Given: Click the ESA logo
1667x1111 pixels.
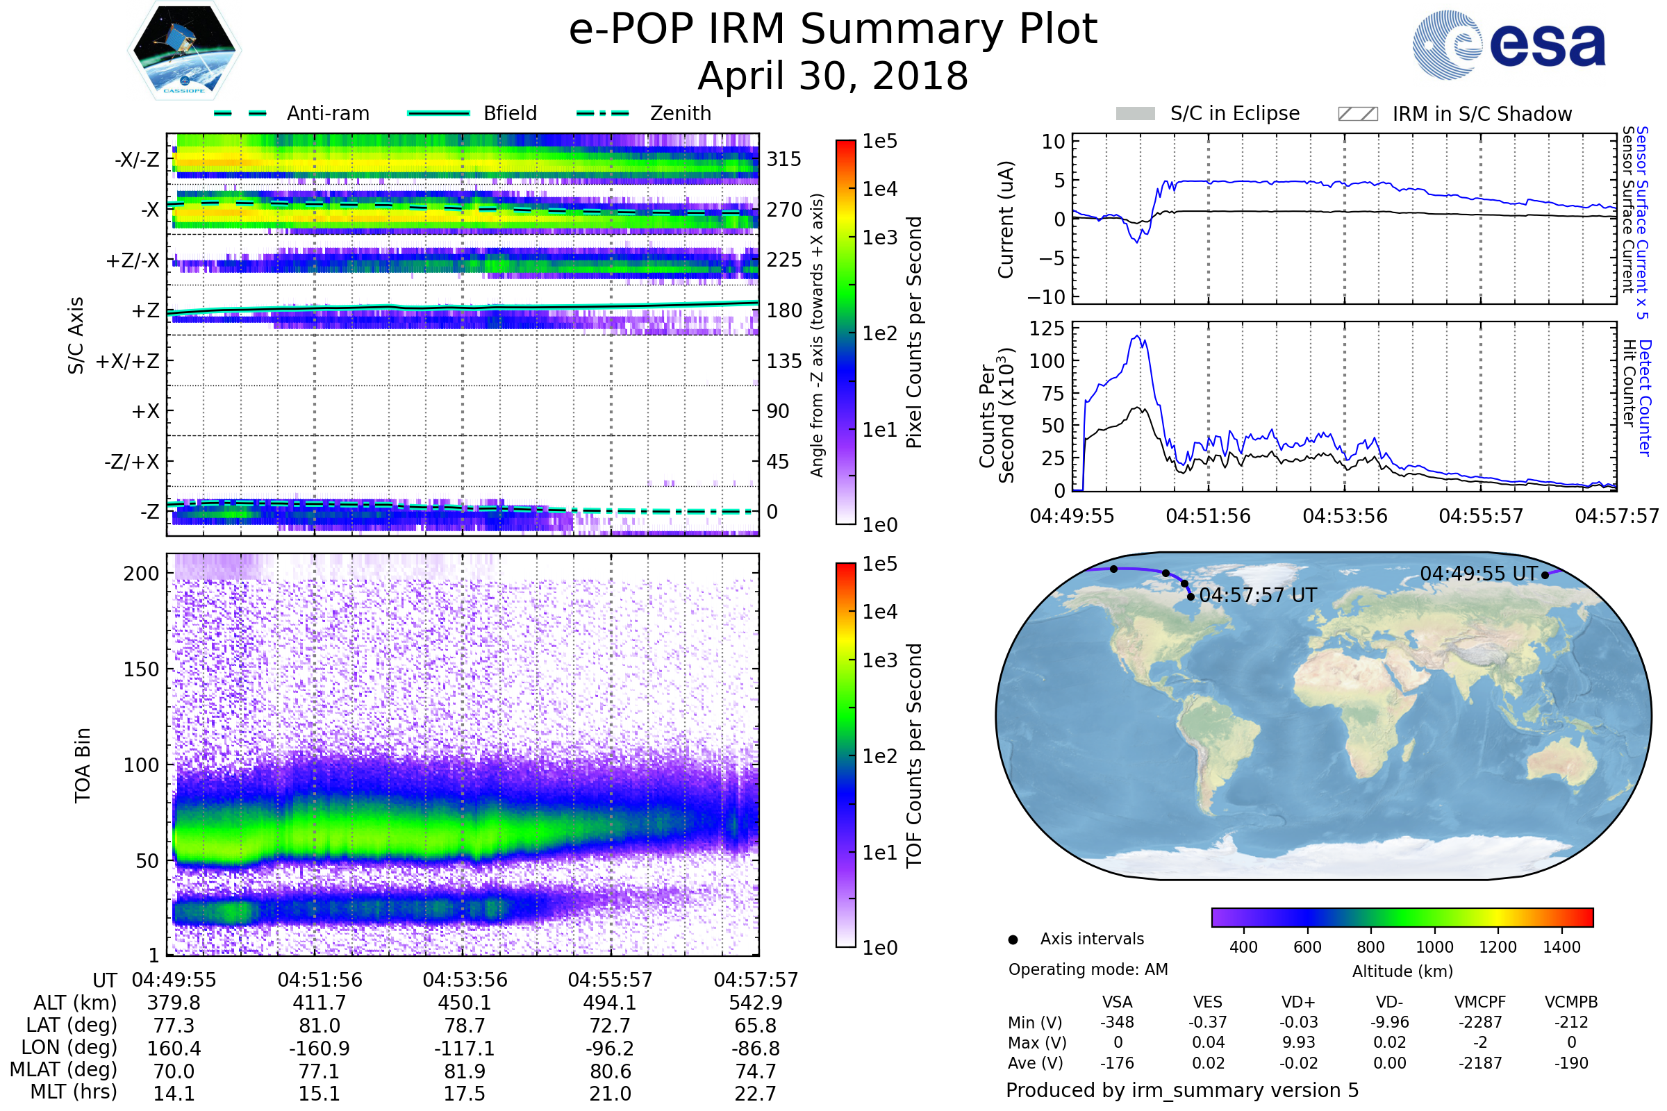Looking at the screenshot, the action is point(1509,44).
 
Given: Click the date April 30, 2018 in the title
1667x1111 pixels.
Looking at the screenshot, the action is point(833,76).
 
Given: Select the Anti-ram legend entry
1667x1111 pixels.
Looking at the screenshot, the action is point(291,113).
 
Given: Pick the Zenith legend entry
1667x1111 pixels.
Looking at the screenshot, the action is point(644,113).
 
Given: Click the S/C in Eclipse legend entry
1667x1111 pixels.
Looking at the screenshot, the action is point(1207,113).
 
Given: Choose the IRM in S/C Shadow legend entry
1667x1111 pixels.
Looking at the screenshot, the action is point(1454,113).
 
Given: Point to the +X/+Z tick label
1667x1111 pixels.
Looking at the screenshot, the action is point(128,361).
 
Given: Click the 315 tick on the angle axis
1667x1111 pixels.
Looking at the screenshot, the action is point(784,159).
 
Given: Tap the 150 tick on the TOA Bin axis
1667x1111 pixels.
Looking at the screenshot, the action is point(141,669).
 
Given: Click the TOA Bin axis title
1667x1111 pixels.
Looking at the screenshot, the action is point(83,765).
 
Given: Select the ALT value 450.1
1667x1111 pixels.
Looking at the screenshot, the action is point(465,1003).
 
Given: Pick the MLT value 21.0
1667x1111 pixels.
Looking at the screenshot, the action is point(611,1093).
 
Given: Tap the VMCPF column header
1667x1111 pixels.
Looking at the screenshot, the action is point(1480,1002).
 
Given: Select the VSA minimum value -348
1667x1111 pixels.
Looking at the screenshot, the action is point(1117,1022).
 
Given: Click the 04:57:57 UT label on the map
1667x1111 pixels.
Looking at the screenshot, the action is point(1258,595).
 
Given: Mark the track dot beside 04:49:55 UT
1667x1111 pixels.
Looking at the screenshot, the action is point(1545,576).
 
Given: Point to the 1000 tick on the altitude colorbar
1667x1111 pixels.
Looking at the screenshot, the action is point(1434,947).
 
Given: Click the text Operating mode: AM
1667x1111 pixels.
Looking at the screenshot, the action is point(1088,969).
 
